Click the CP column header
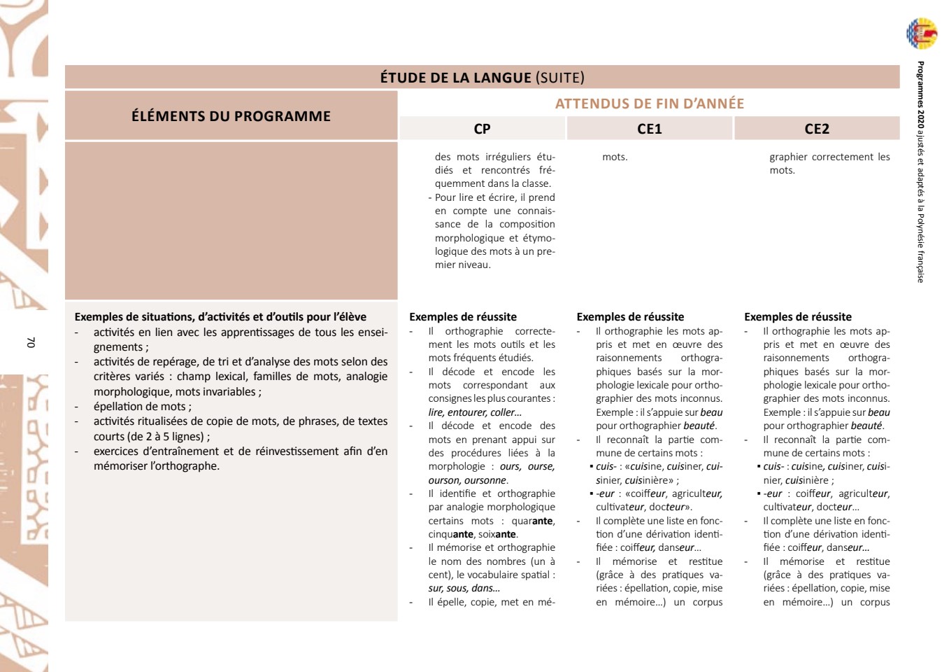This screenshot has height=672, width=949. [x=482, y=129]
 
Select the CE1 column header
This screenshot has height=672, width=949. [x=649, y=129]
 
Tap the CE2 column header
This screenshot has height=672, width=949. [x=816, y=129]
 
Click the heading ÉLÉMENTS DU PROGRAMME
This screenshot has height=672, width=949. [x=231, y=116]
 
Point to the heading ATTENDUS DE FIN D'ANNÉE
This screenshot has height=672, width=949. [x=649, y=104]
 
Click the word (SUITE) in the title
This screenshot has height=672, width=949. [x=559, y=78]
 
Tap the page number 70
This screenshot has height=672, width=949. [x=30, y=342]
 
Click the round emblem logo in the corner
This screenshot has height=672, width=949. [x=922, y=34]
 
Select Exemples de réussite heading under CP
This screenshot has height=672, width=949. [x=463, y=317]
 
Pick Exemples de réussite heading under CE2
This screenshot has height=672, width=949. [x=797, y=317]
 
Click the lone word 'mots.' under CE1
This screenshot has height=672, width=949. [x=615, y=157]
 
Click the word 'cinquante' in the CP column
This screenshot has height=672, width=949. [x=451, y=534]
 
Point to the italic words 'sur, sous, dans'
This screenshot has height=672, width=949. [x=464, y=588]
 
